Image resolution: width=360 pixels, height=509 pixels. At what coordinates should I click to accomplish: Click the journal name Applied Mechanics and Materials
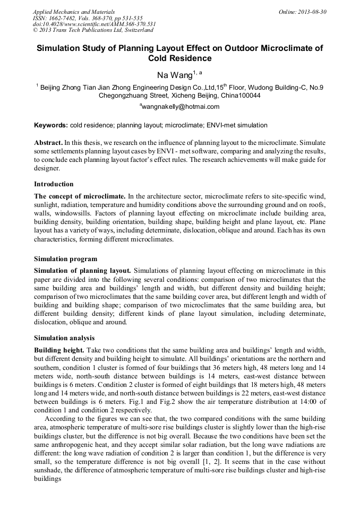click(x=73, y=11)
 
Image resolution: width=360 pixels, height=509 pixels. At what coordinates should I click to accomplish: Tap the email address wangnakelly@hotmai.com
click(x=181, y=107)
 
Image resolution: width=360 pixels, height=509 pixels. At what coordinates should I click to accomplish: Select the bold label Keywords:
click(x=51, y=126)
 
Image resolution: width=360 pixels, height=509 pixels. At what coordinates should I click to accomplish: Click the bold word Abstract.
click(x=48, y=143)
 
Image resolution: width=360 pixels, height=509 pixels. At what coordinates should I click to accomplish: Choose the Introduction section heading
click(x=54, y=184)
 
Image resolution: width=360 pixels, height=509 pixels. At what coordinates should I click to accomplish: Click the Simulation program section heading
click(x=65, y=259)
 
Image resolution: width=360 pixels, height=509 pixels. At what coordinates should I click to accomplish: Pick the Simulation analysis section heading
click(x=64, y=338)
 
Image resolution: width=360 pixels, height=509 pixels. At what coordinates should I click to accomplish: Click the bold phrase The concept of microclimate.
click(x=80, y=196)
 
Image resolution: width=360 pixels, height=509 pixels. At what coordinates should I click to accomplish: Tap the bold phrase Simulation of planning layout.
click(x=82, y=271)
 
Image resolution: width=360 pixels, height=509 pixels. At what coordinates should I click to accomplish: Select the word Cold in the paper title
click(x=159, y=58)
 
